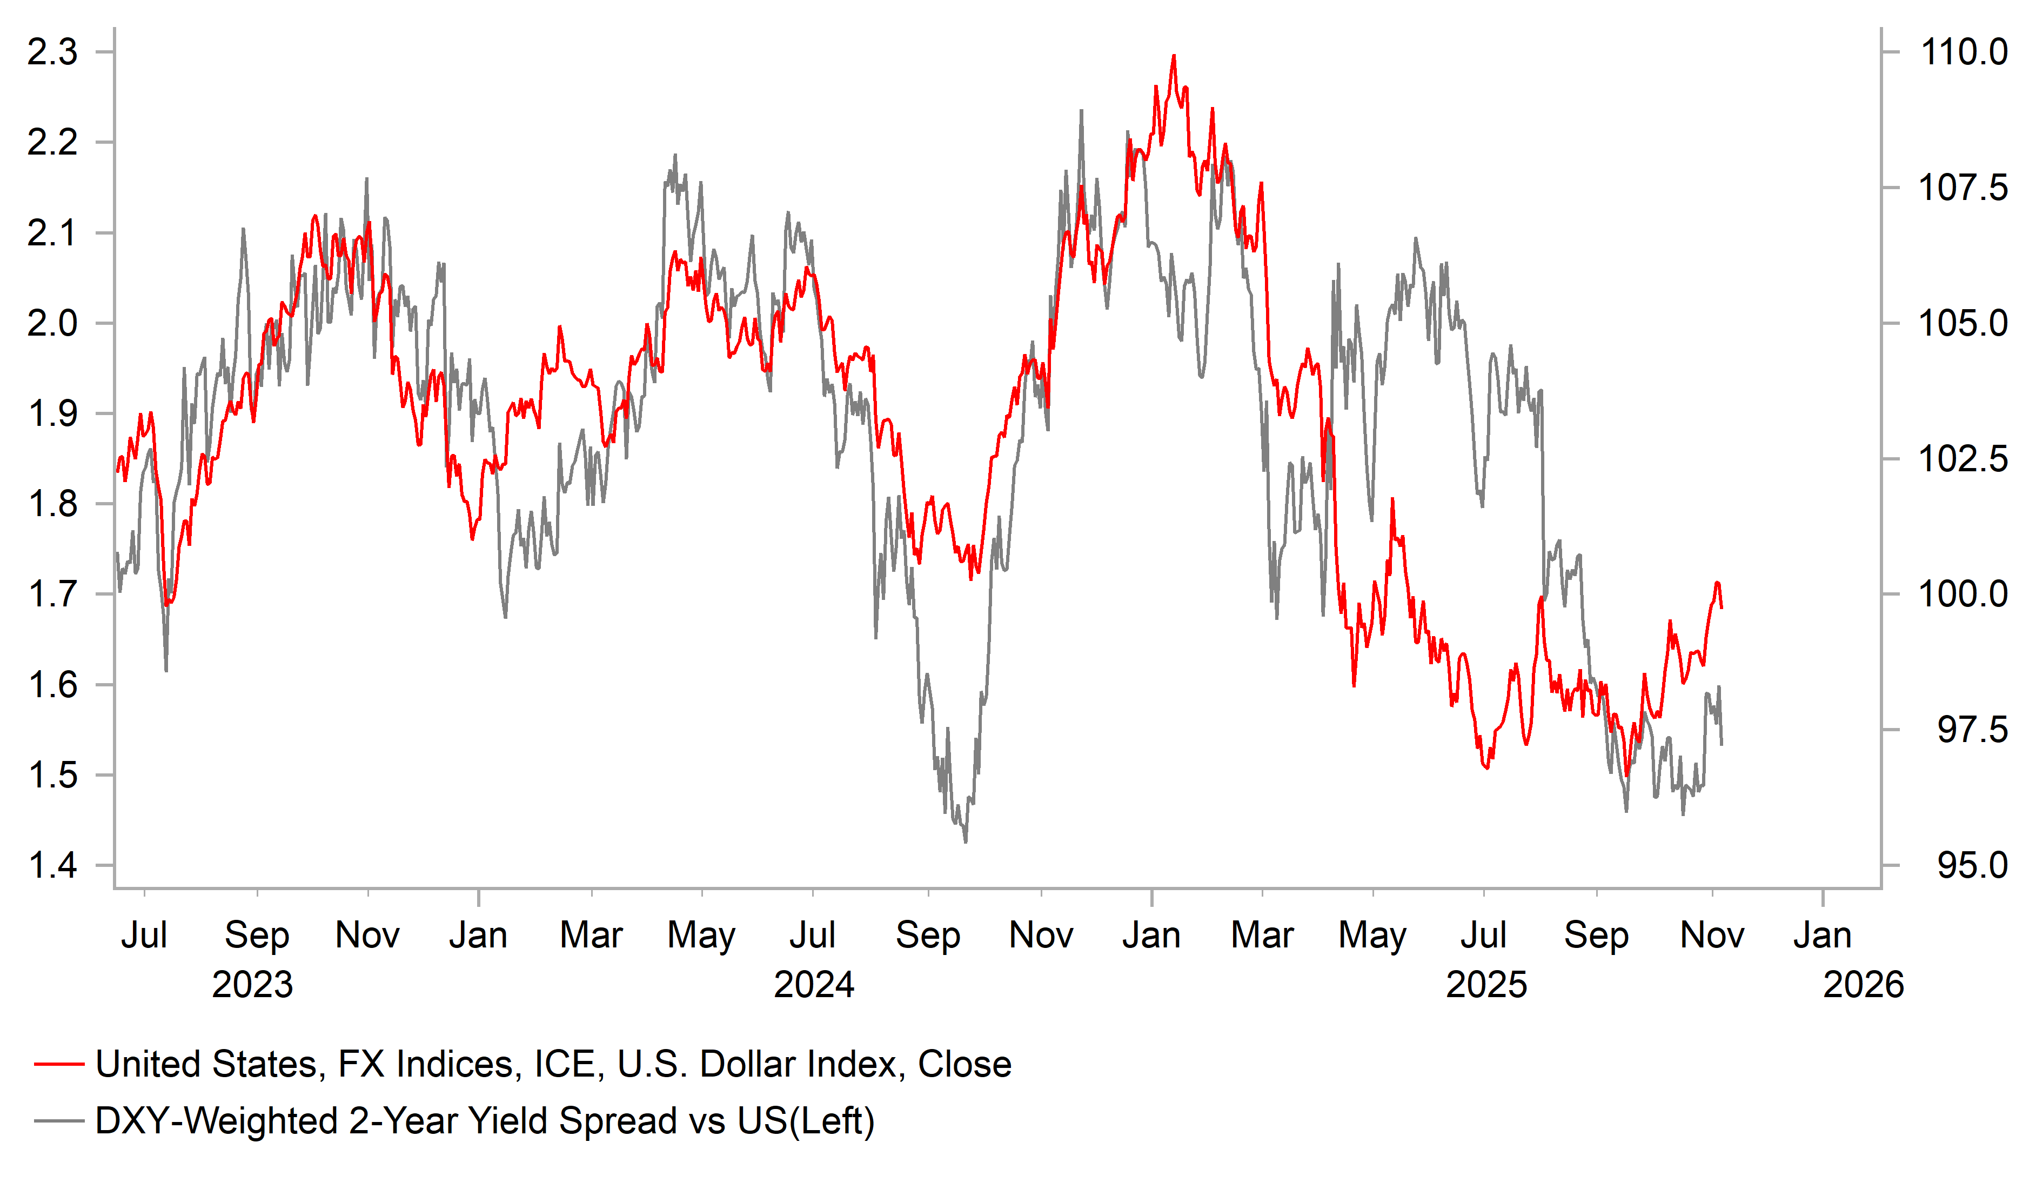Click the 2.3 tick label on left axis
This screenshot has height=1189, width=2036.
tap(52, 52)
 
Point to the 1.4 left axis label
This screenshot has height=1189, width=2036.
tap(52, 866)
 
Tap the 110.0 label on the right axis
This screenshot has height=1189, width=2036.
tap(1963, 52)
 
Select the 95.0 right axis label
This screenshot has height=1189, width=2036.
tap(1971, 866)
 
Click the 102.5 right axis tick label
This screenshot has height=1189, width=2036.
tap(1963, 459)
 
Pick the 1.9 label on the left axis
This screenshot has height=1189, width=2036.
tap(52, 414)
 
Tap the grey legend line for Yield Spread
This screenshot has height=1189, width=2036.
tap(59, 1121)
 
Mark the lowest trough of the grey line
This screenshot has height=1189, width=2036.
tap(966, 842)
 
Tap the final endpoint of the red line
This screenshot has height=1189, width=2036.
tap(1722, 608)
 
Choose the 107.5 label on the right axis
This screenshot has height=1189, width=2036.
tap(1963, 188)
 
